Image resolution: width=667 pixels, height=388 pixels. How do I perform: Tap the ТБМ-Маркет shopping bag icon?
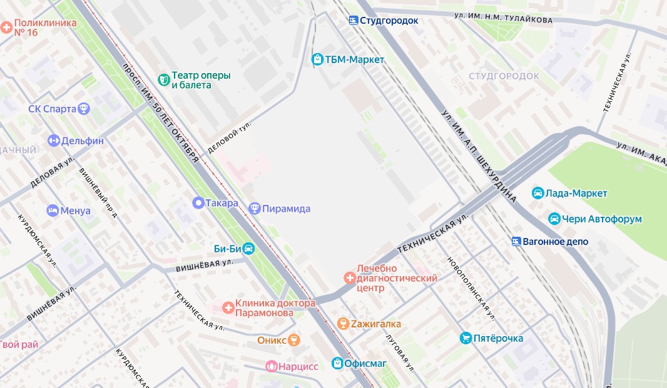(317, 59)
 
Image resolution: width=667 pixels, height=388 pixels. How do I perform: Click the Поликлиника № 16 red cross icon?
(6, 27)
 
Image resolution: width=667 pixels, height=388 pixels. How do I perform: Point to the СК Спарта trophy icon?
(83, 109)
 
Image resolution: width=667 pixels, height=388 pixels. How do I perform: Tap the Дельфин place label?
(83, 141)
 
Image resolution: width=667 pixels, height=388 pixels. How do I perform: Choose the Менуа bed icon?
(53, 211)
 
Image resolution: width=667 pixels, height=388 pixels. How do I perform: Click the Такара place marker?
(198, 202)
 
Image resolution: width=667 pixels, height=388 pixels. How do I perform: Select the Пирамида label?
(287, 208)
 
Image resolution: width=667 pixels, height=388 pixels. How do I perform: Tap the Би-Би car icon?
(248, 248)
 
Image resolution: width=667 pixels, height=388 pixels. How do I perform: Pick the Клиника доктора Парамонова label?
(264, 308)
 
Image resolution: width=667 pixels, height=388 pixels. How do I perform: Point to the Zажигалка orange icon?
(342, 324)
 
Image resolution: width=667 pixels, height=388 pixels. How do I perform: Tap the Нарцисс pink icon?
(272, 366)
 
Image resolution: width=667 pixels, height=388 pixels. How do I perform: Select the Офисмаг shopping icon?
(337, 362)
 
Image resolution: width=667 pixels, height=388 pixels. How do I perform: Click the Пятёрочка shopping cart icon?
(466, 338)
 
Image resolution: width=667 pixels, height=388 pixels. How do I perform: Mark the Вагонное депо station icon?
(516, 241)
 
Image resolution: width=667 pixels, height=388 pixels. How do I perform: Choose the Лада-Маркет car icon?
(537, 193)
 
